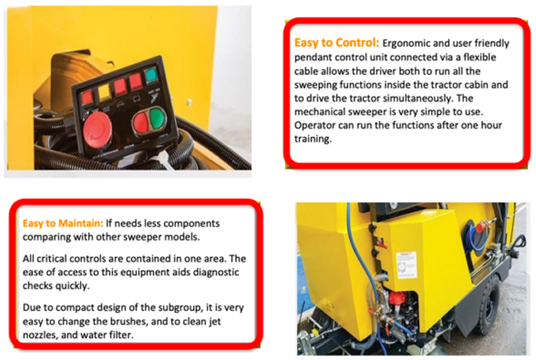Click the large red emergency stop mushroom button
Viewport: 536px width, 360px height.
pyautogui.click(x=96, y=129)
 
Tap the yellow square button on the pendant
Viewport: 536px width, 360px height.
pyautogui.click(x=105, y=92)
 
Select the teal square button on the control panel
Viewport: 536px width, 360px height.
pyautogui.click(x=151, y=75)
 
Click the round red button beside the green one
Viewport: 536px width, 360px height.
pyautogui.click(x=140, y=123)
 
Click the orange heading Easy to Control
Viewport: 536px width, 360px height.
pyautogui.click(x=337, y=43)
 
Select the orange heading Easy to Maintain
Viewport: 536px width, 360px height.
pyautogui.click(x=63, y=223)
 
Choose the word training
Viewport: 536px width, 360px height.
pyautogui.click(x=312, y=139)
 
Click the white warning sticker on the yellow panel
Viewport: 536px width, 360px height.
pyautogui.click(x=407, y=264)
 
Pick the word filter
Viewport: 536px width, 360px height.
pyautogui.click(x=121, y=335)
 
